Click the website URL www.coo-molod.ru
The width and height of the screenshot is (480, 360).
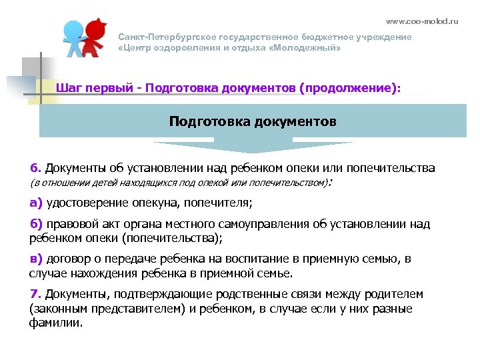point(431,21)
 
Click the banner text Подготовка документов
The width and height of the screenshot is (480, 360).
point(253,121)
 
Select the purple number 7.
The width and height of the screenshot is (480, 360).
point(35,294)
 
